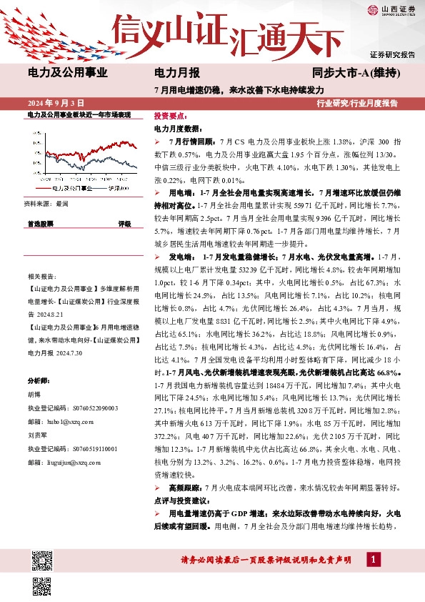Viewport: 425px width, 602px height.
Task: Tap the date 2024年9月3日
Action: pyautogui.click(x=56, y=103)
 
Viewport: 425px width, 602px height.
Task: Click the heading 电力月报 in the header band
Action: pyautogui.click(x=176, y=72)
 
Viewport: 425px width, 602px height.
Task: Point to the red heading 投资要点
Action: pyautogui.click(x=170, y=115)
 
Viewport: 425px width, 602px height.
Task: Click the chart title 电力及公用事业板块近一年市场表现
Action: pyautogui.click(x=79, y=115)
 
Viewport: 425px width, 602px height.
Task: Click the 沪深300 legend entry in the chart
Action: pyautogui.click(x=118, y=189)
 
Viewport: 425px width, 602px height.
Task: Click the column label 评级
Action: pyautogui.click(x=124, y=224)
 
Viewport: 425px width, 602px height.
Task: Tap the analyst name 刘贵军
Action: pyautogui.click(x=36, y=434)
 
